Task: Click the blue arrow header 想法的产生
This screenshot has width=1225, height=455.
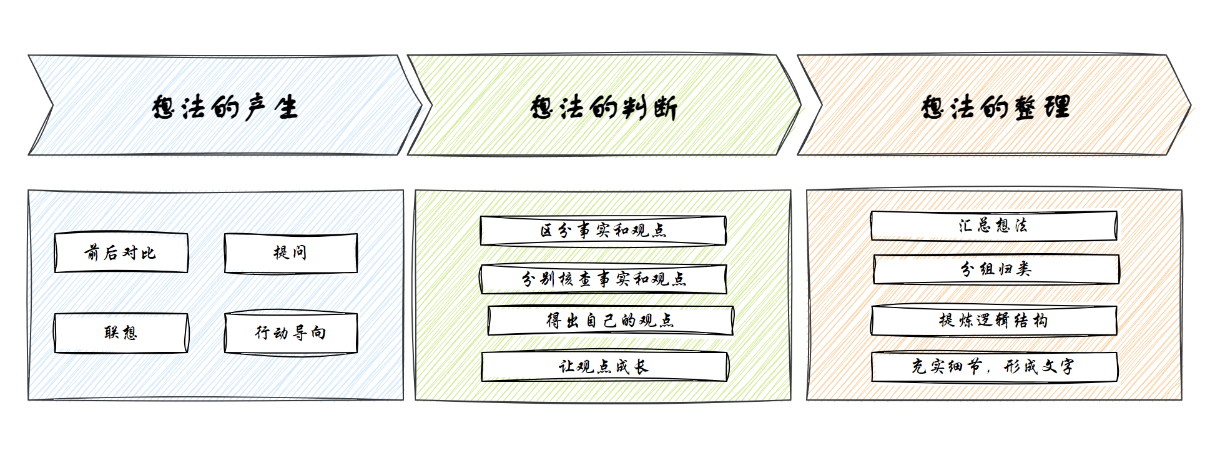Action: tap(225, 106)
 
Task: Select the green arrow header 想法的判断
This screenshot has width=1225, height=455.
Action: tap(603, 106)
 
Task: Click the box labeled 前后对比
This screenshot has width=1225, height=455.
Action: tap(121, 252)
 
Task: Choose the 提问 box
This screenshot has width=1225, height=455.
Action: tap(291, 252)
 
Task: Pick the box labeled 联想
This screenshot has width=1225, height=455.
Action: tap(121, 332)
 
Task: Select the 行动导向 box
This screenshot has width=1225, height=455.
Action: tap(291, 332)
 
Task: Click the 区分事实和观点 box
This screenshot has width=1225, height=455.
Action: tap(603, 231)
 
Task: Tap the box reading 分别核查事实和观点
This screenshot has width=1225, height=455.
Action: tap(603, 279)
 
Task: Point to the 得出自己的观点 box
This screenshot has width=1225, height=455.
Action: tap(610, 321)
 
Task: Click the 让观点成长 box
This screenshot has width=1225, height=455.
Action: tap(604, 366)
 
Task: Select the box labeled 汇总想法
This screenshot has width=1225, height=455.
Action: tap(993, 226)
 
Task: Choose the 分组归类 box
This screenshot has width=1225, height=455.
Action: tap(996, 269)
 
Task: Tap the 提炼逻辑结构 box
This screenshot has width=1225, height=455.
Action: tap(993, 321)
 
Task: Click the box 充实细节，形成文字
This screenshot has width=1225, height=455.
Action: tap(994, 367)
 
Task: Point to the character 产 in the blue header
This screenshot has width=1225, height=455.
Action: tap(256, 107)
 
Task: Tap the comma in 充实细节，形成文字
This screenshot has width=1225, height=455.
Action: tap(989, 370)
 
